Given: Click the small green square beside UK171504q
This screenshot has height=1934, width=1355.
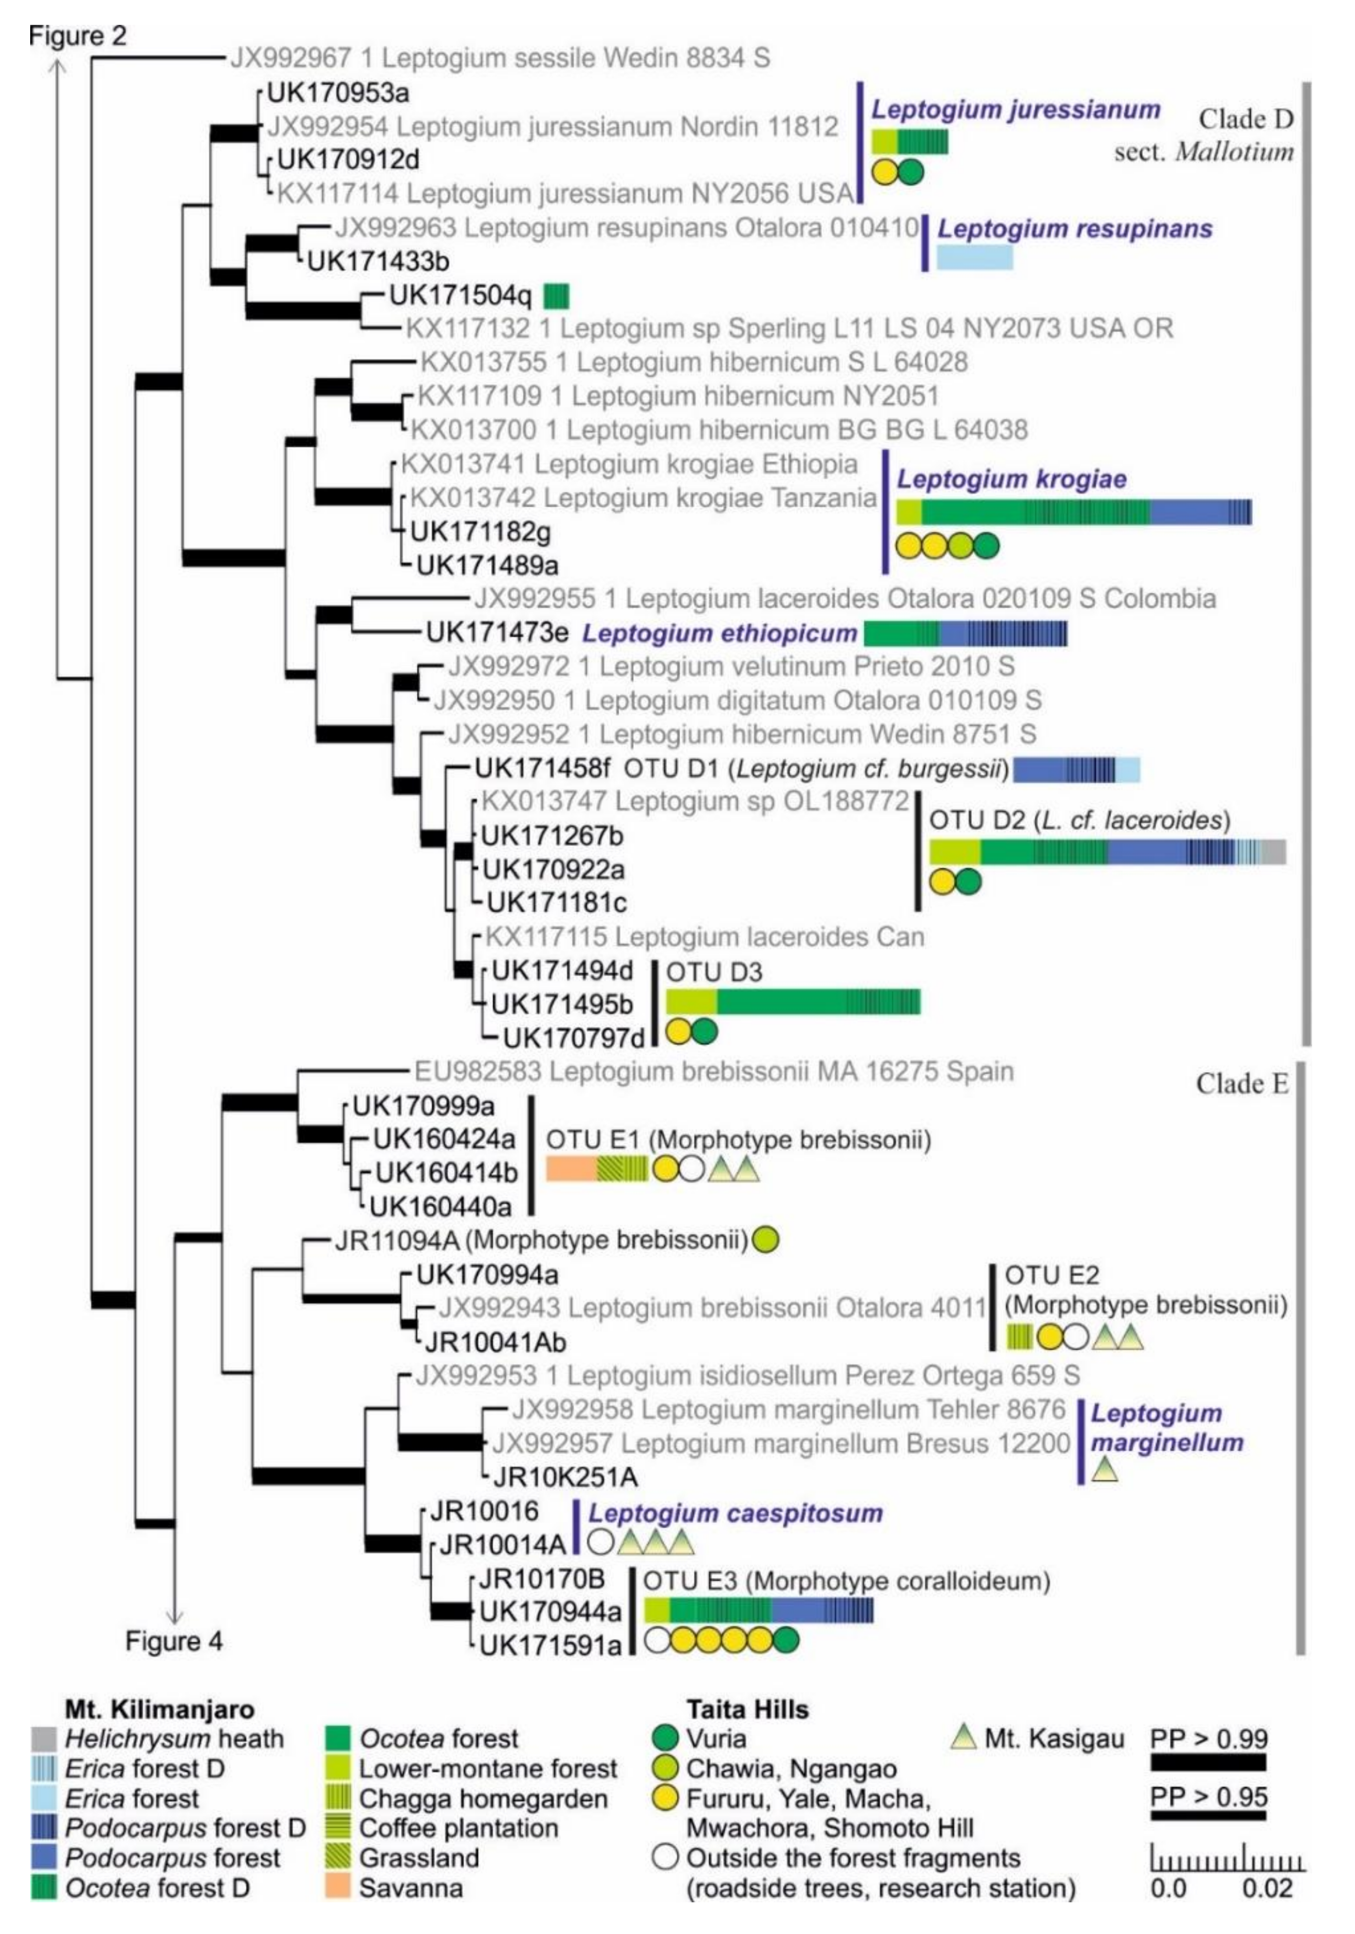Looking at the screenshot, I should (556, 296).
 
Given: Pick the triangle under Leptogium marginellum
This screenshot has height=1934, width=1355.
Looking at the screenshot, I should (1105, 1470).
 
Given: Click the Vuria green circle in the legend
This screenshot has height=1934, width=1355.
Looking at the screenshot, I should (665, 1738).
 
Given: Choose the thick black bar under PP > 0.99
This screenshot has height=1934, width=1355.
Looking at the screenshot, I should (1208, 1762).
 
